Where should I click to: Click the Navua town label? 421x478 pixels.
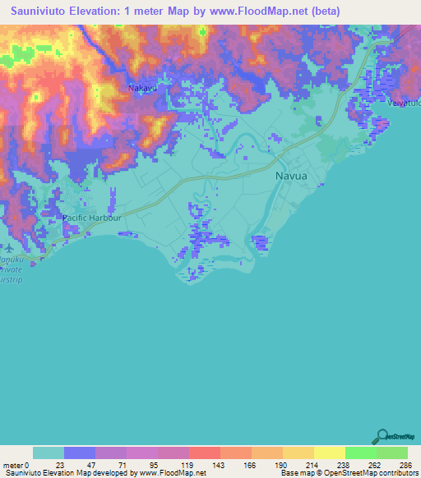click(x=290, y=175)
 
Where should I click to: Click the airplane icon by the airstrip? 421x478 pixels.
click(x=7, y=246)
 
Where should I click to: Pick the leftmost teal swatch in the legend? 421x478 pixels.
click(x=49, y=453)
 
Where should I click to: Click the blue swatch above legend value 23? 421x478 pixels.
click(x=80, y=453)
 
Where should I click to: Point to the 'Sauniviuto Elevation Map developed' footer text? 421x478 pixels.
click(x=66, y=473)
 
